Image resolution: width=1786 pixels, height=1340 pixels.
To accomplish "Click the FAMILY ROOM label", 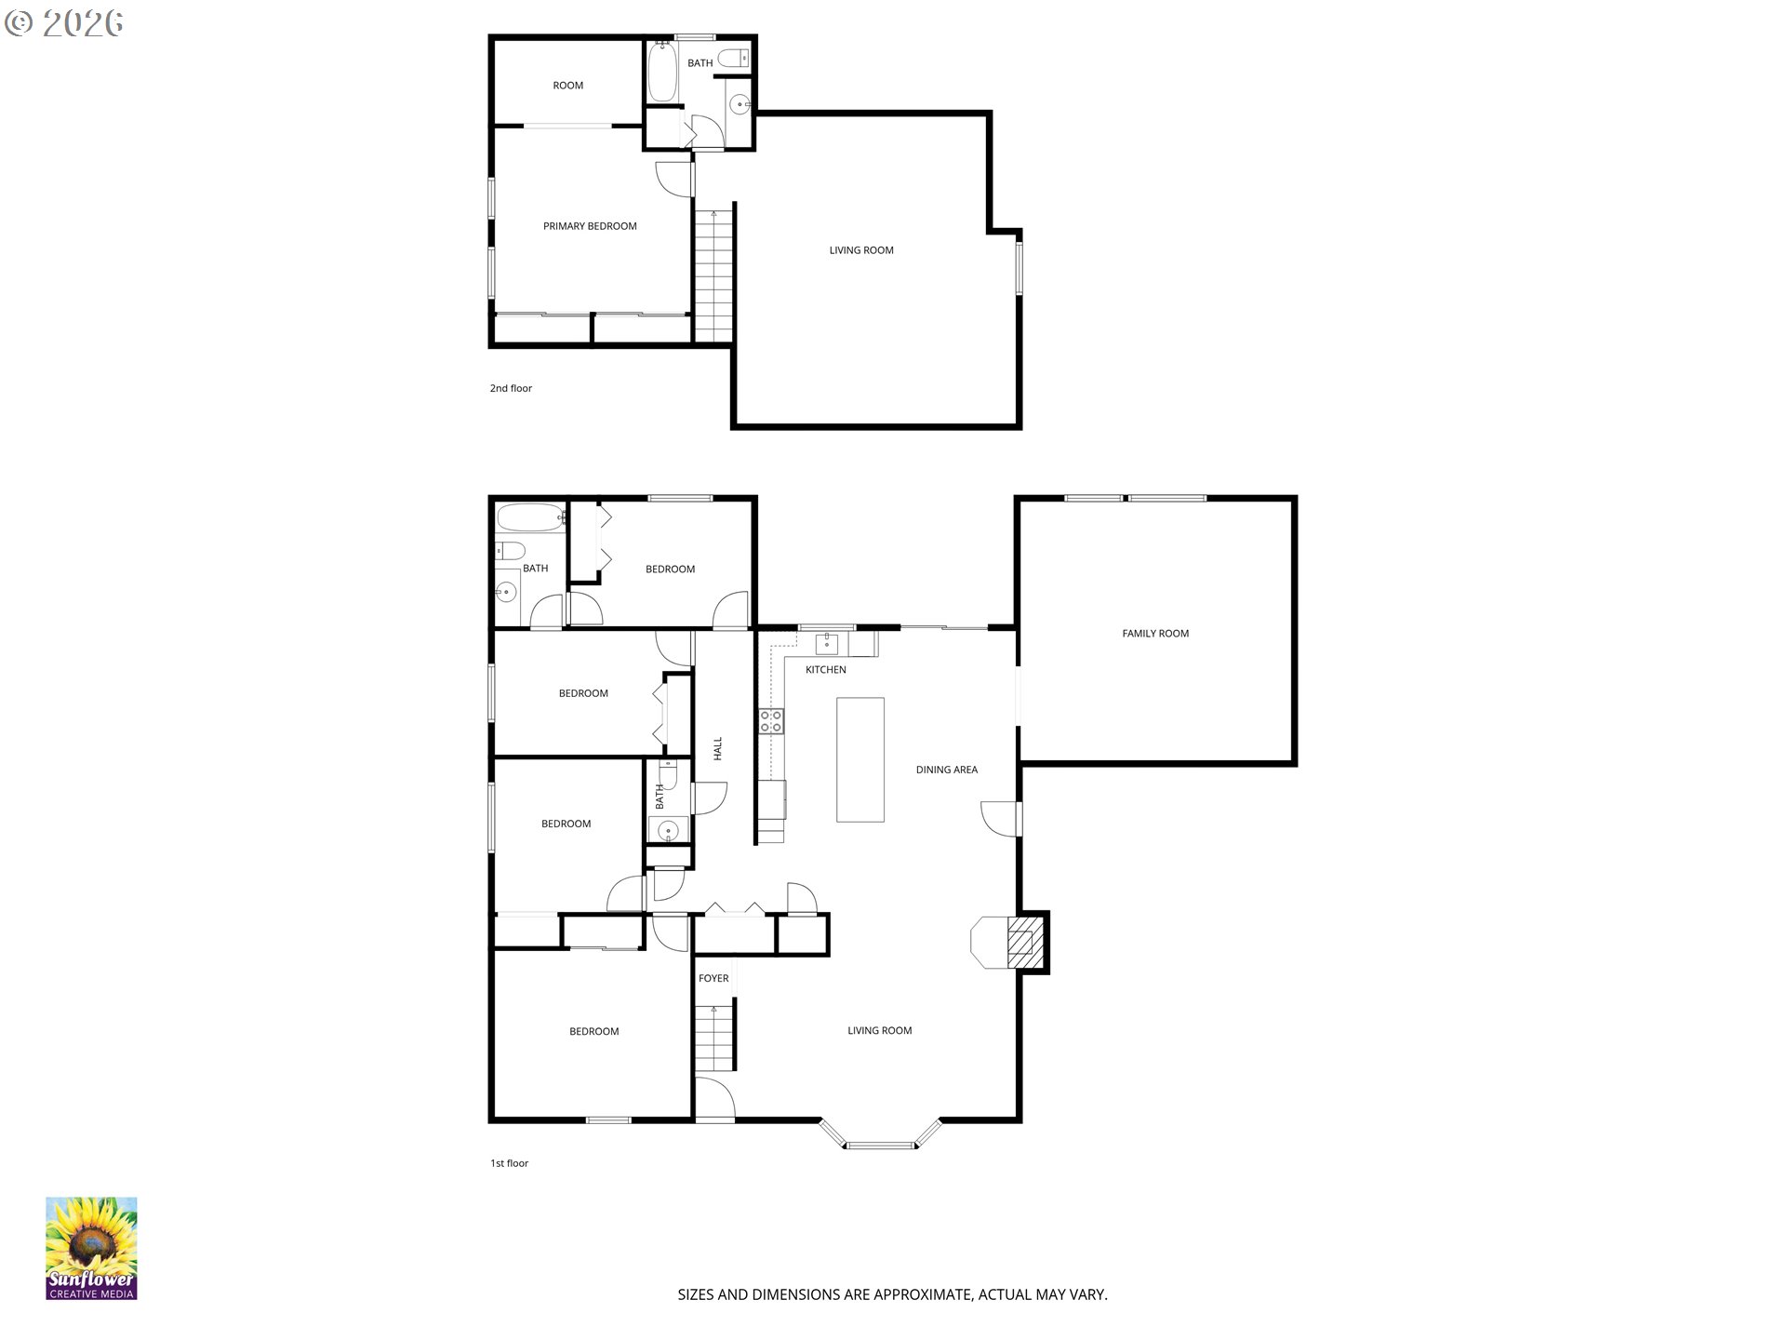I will [1154, 634].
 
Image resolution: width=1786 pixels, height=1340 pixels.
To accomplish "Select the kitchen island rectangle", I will [860, 759].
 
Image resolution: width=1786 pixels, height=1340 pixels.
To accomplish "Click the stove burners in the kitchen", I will [770, 720].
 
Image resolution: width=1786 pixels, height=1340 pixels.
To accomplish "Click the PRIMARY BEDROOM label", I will [590, 226].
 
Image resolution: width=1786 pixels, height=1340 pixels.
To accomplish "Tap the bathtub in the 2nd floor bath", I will [661, 72].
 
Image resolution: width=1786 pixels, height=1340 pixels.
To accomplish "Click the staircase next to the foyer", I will [714, 1037].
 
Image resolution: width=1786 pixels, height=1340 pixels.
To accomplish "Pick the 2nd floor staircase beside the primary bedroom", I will [713, 275].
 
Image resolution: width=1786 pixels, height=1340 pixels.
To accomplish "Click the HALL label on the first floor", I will [717, 749].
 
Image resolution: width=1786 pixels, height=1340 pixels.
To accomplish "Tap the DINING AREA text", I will [946, 770].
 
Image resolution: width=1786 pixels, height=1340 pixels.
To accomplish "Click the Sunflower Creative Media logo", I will [91, 1248].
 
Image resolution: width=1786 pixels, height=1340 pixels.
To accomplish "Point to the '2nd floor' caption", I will [511, 388].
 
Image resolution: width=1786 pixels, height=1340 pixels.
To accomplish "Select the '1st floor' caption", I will [509, 1163].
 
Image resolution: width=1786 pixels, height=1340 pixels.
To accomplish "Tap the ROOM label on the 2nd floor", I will [567, 86].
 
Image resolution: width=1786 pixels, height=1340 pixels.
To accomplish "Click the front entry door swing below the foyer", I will [713, 1097].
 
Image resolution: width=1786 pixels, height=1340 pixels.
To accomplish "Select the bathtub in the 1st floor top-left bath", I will [530, 516].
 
